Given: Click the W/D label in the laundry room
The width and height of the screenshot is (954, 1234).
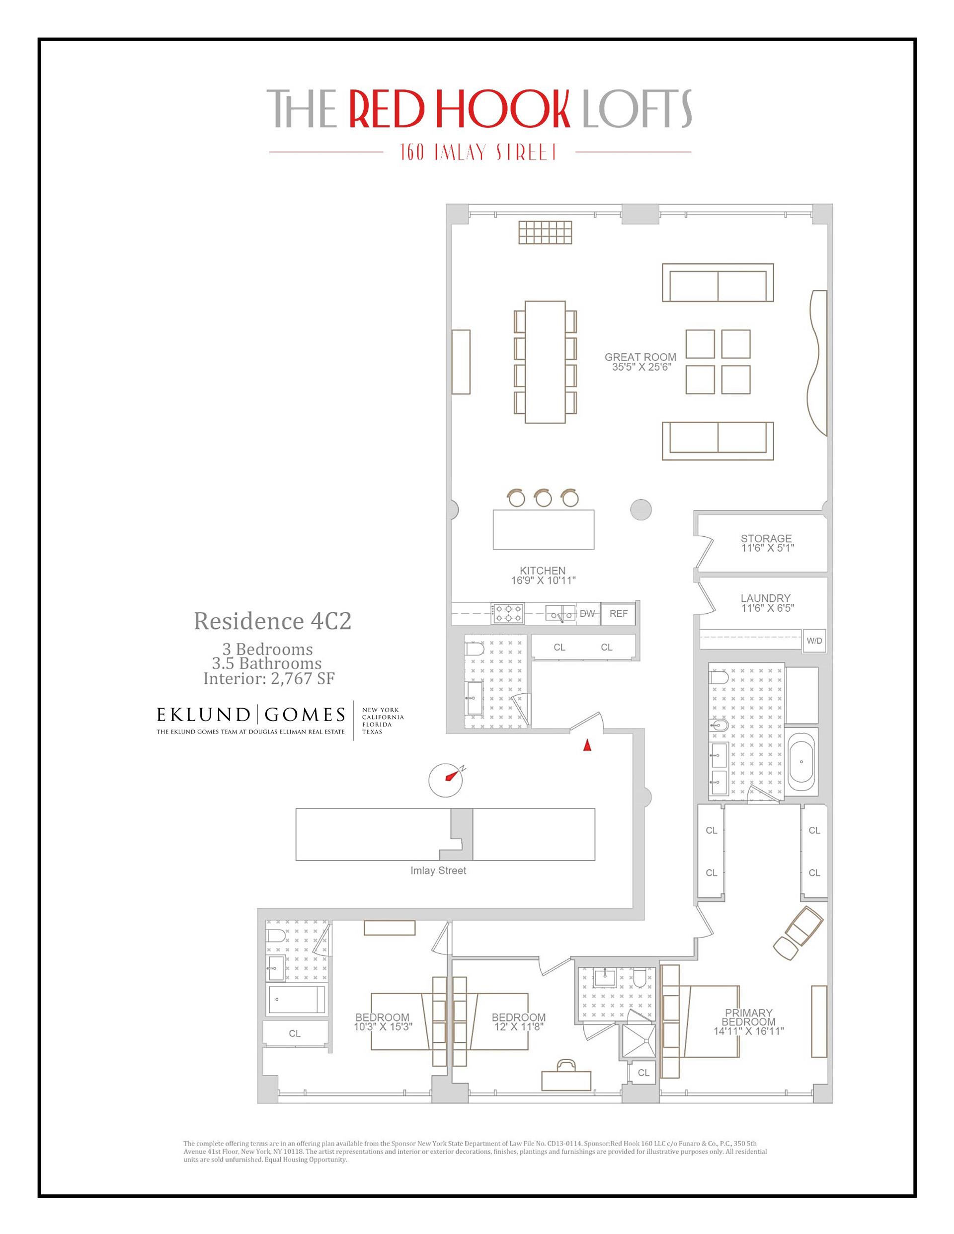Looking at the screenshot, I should (814, 641).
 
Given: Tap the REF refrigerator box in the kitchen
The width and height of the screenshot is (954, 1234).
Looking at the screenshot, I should (618, 613).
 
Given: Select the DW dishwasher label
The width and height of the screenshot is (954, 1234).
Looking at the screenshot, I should (587, 613).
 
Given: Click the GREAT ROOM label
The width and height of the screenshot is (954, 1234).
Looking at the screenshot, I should (640, 357).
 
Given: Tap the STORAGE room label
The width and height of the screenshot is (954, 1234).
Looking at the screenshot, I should (766, 538).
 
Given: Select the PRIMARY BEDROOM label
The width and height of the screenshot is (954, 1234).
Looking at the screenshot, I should (748, 1017).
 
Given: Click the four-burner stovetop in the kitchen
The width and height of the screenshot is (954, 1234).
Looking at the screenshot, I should (508, 613).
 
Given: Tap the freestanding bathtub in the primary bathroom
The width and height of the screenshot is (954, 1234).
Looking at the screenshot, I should (801, 762).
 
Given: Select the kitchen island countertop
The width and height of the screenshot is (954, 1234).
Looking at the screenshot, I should (543, 529).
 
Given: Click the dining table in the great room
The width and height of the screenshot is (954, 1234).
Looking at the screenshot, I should (545, 362).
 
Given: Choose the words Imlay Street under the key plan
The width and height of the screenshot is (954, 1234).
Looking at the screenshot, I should (438, 871).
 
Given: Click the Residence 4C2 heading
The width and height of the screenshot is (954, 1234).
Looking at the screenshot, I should (273, 621).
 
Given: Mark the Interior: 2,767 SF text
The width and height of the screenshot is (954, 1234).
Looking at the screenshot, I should (269, 678).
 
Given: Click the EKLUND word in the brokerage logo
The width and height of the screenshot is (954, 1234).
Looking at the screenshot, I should (203, 715).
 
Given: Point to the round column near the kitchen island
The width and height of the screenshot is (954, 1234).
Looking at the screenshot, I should (640, 509).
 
